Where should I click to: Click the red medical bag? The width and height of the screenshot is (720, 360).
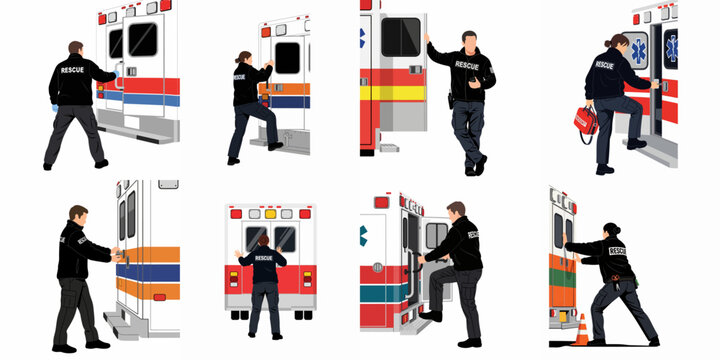click(x=585, y=122)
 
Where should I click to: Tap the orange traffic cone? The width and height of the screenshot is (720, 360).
click(x=581, y=329)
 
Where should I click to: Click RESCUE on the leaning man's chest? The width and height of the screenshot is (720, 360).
click(x=466, y=64)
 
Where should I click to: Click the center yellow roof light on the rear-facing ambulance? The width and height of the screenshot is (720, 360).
click(x=270, y=213)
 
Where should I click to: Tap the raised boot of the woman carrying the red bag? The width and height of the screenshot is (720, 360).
click(x=637, y=142)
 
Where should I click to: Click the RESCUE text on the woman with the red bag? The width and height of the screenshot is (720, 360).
click(x=604, y=65)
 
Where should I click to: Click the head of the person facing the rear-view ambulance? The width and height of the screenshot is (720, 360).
click(x=264, y=241)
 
